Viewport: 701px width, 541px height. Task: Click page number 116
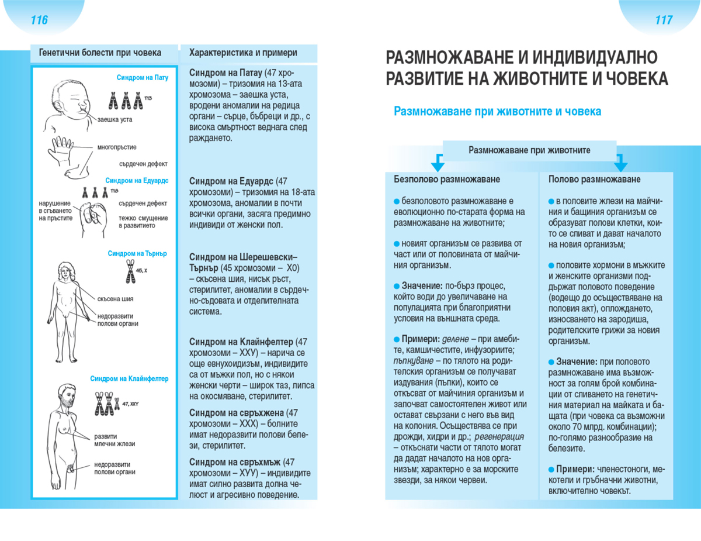point(39,20)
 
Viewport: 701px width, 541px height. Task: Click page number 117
point(664,20)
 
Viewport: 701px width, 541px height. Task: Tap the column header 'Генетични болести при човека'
point(100,53)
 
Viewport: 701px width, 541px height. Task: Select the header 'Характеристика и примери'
point(243,53)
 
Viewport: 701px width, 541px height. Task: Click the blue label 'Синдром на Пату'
point(142,78)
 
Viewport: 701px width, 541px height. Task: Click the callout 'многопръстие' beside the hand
point(117,147)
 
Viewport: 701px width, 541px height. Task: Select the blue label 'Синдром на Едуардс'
point(137,181)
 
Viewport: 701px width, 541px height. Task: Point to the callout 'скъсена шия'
point(116,299)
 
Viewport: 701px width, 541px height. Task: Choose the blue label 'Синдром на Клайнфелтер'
point(129,378)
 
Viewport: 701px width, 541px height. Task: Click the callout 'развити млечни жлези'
point(114,440)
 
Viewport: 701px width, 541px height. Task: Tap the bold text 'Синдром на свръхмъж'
point(237,462)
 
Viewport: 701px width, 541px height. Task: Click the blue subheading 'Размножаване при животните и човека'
point(497,111)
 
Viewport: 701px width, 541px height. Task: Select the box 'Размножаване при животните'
point(529,150)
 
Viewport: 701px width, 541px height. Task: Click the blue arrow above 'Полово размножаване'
point(620,162)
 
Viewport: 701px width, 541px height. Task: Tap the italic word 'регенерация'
point(499,436)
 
